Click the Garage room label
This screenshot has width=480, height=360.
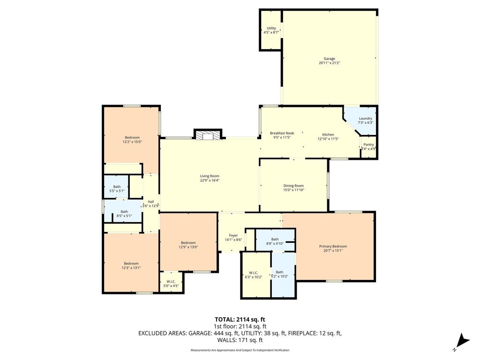tap(330, 59)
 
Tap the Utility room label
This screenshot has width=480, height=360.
tap(271, 28)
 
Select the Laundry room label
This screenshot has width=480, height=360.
tap(366, 119)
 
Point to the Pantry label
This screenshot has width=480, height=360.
tap(368, 144)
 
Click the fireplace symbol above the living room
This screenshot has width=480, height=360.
tap(208, 135)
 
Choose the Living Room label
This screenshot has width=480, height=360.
tap(210, 176)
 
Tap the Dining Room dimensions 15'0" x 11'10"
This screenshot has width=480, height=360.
tap(293, 190)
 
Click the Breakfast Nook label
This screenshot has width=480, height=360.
tap(282, 133)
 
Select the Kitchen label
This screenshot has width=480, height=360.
tap(328, 135)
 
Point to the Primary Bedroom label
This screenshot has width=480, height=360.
tap(333, 247)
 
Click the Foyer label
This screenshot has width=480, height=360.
tap(233, 235)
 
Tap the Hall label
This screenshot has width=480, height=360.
tap(151, 202)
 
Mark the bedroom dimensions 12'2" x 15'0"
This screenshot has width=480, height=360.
tap(132, 142)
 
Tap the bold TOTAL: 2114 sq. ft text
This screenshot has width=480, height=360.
tap(240, 320)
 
